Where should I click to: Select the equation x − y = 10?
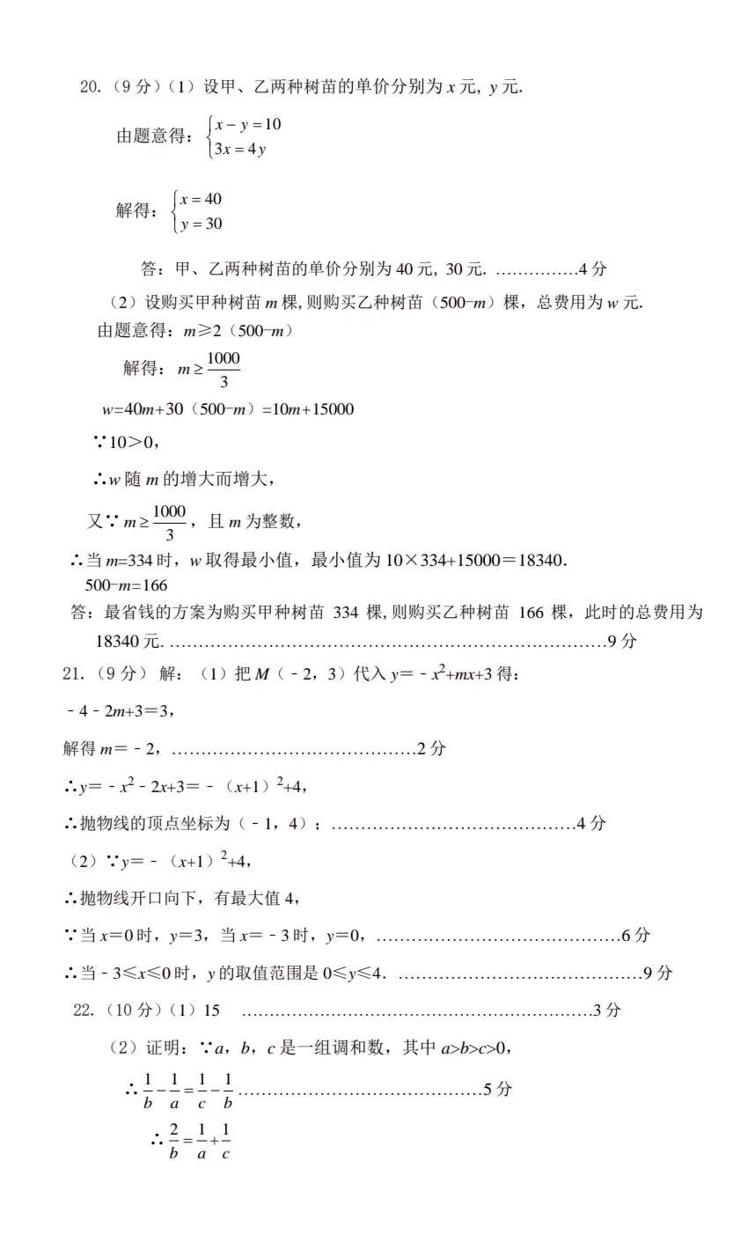click(x=248, y=124)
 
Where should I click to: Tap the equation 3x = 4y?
click(x=240, y=149)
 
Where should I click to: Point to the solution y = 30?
click(x=202, y=224)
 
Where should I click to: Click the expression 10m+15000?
click(x=315, y=409)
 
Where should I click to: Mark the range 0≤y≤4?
click(x=349, y=974)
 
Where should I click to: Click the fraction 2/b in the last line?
click(x=174, y=1141)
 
